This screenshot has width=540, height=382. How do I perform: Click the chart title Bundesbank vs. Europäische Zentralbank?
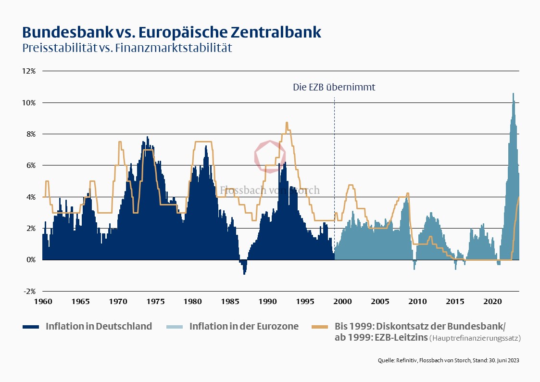coord(172,32)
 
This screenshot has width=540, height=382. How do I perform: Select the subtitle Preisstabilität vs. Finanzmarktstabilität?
coord(127,48)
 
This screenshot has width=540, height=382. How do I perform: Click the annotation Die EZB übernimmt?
coord(334,88)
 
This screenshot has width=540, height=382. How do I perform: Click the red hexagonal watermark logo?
coord(270,156)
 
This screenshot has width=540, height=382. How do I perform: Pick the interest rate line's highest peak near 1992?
coord(287,124)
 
